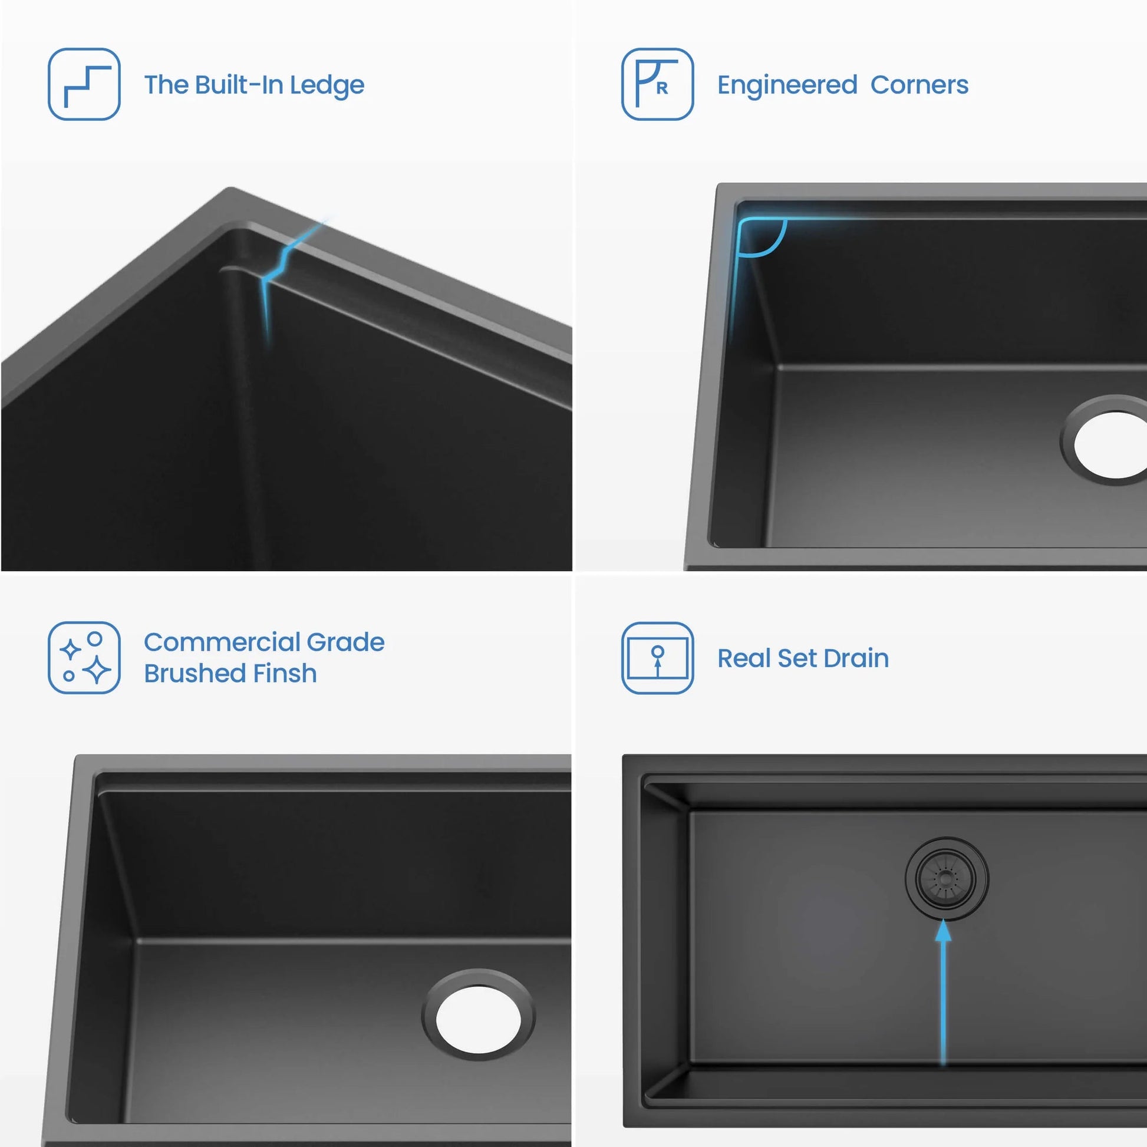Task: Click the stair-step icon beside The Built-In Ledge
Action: [84, 84]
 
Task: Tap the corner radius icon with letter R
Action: [657, 84]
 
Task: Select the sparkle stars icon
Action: [84, 658]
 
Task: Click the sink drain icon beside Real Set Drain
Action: [657, 658]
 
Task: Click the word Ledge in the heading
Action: [327, 85]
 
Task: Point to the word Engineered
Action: [787, 85]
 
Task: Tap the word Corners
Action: [919, 85]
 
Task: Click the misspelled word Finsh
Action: [285, 673]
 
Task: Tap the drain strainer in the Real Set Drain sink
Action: [947, 879]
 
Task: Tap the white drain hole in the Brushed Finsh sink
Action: [479, 1020]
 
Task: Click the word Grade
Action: [345, 642]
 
